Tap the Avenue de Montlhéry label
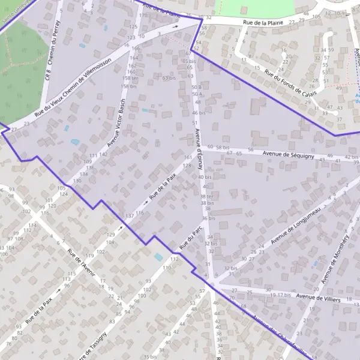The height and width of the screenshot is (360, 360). (335, 258)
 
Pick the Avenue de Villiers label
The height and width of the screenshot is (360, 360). (319, 298)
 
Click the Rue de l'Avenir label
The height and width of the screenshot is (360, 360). (78, 262)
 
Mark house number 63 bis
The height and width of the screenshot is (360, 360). (170, 78)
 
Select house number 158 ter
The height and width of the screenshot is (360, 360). (130, 79)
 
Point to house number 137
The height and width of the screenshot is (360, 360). (129, 215)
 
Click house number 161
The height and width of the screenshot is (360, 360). (188, 158)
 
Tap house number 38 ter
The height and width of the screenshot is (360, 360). (206, 197)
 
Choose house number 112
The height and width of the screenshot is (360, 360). (174, 258)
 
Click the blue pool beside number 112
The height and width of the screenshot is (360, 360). (158, 256)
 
